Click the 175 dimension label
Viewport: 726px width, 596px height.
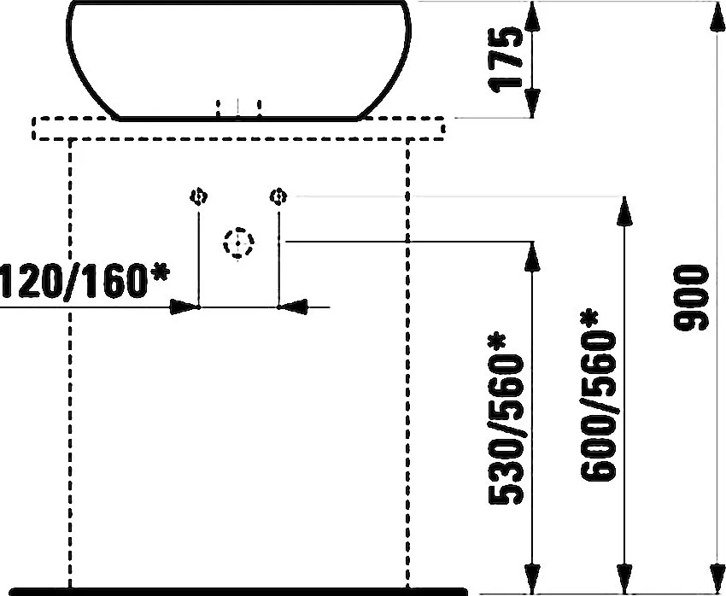pyautogui.click(x=506, y=60)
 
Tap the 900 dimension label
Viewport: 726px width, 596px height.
pyautogui.click(x=691, y=297)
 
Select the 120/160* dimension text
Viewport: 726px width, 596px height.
pyautogui.click(x=85, y=280)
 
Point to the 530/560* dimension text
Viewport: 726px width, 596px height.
pyautogui.click(x=506, y=418)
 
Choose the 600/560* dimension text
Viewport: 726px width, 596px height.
pyautogui.click(x=598, y=395)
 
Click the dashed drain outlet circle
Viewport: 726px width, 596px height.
pyautogui.click(x=238, y=243)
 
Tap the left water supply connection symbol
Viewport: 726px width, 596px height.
pyautogui.click(x=199, y=196)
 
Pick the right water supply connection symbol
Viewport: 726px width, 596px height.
pyautogui.click(x=278, y=196)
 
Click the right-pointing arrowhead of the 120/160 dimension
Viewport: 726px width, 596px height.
pyautogui.click(x=184, y=307)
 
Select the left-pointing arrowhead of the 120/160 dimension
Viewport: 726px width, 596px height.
pyautogui.click(x=293, y=307)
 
